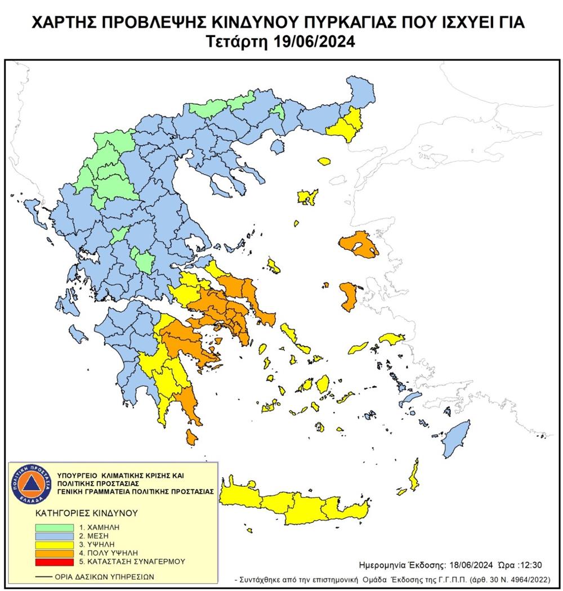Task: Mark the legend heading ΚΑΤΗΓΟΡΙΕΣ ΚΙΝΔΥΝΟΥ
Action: click(x=78, y=513)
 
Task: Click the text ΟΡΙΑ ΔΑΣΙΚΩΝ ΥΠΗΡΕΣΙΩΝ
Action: click(x=104, y=577)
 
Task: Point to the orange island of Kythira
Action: click(x=191, y=436)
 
